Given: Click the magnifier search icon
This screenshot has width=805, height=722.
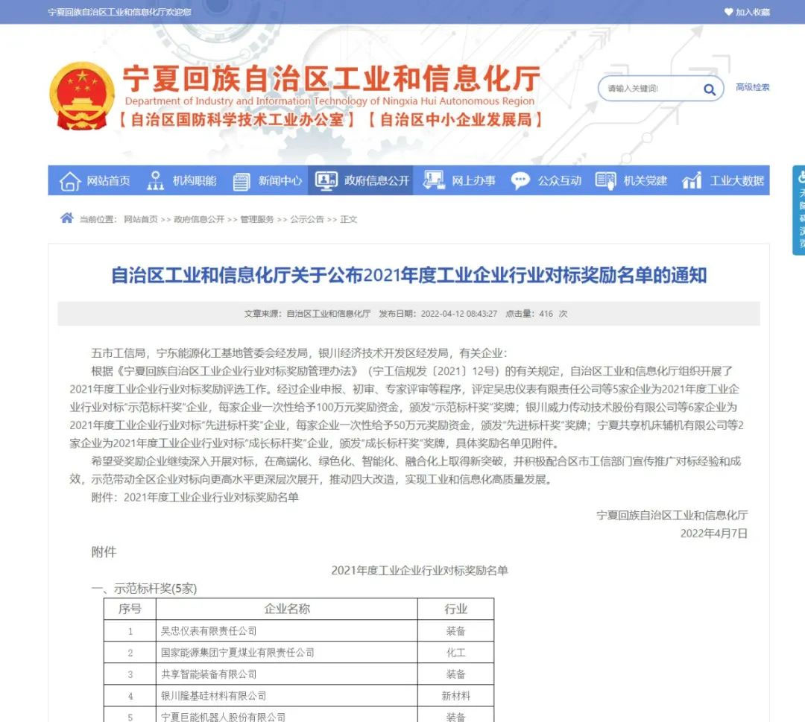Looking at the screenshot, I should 709,89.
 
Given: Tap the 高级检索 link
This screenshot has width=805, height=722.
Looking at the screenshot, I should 752,87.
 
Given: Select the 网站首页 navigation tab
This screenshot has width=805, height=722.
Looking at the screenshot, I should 95,180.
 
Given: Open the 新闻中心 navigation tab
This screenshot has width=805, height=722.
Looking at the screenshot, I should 268,180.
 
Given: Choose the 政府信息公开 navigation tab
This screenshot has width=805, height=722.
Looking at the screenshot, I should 362,180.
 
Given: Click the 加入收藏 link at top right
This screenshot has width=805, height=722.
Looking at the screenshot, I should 747,12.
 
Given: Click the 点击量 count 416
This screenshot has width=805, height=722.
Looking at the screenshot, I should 546,314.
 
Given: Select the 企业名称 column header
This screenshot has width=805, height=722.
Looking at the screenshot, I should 287,609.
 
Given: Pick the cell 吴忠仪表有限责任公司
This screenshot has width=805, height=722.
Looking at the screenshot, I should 209,631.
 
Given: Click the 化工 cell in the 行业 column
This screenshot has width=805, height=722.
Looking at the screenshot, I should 455,653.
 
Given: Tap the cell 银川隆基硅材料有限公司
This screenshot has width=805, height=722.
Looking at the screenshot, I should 213,696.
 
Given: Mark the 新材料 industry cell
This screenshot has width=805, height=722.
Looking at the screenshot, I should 455,696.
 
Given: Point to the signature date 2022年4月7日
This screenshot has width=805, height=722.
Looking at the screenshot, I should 713,533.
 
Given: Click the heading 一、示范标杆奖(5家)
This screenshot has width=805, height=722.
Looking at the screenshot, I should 144,589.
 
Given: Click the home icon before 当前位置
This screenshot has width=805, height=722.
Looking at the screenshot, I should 67,218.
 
